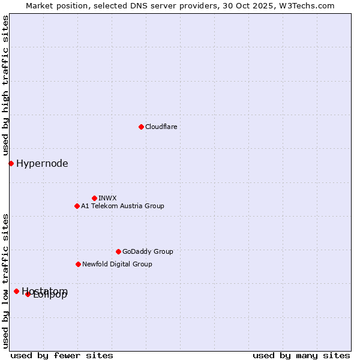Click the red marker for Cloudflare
pos(141,127)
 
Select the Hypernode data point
pos(11,163)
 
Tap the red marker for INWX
pos(94,198)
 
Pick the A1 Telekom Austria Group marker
pos(77,206)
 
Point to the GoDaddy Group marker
pos(118,251)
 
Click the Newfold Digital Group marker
pos(78,264)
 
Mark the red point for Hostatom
pos(16,291)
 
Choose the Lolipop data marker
pos(28,294)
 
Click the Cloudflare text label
pos(161,127)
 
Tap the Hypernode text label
pos(42,163)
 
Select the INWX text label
pos(107,198)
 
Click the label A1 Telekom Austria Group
pos(122,206)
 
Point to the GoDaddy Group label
pos(148,251)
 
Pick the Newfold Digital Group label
pos(117,264)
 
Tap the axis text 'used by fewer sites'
pos(62,355)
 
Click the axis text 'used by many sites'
pos(301,355)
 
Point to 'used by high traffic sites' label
pos(5,86)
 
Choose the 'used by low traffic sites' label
pos(5,280)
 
